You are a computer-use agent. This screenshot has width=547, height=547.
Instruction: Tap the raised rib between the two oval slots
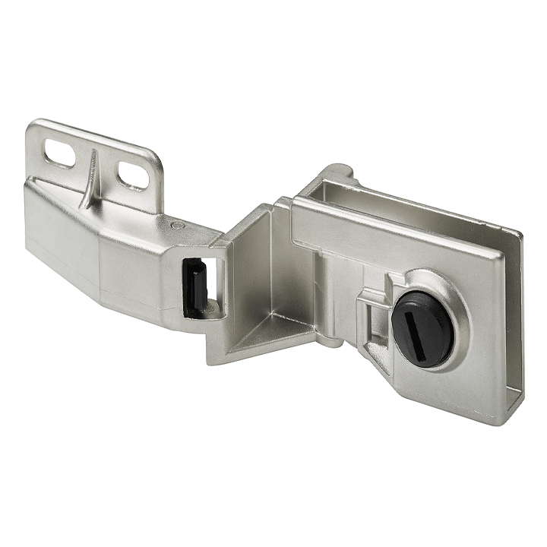tap(92, 175)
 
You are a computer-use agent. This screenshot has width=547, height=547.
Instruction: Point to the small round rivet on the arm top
tap(176, 226)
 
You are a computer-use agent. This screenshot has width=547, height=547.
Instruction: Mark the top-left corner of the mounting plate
tap(32, 125)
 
